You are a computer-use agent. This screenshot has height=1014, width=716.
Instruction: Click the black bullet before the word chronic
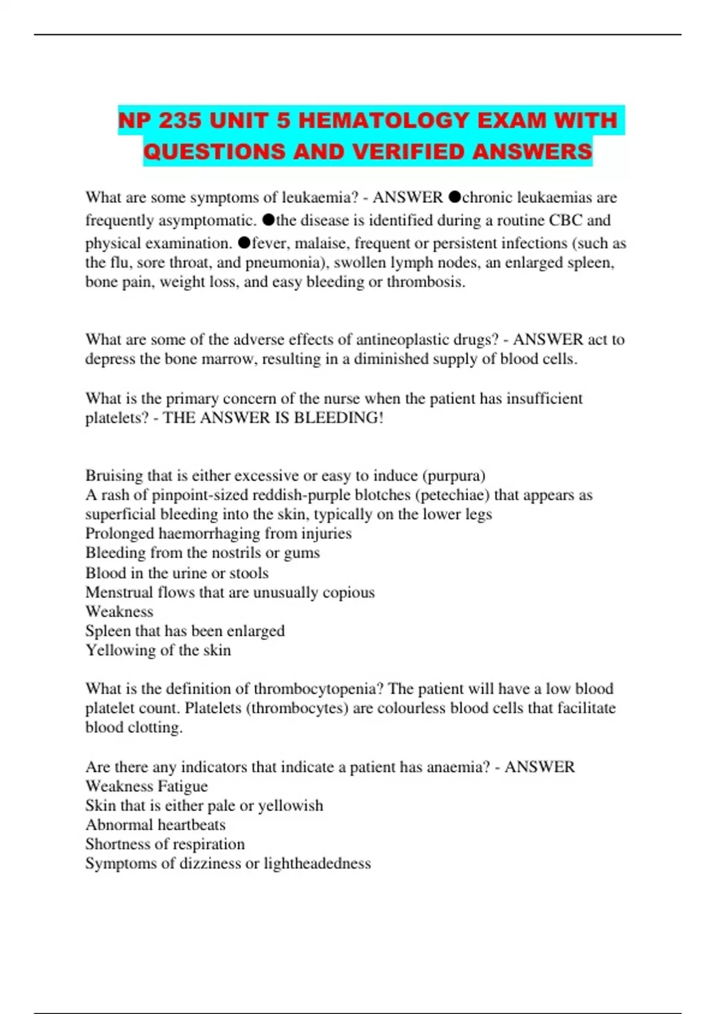(455, 196)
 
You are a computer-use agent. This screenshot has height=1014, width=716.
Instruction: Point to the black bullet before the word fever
(244, 242)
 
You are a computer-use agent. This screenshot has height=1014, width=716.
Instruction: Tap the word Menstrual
(119, 592)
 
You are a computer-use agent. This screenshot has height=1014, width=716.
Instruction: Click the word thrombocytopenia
(319, 689)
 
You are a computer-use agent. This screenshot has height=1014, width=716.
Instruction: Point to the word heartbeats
(190, 825)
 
